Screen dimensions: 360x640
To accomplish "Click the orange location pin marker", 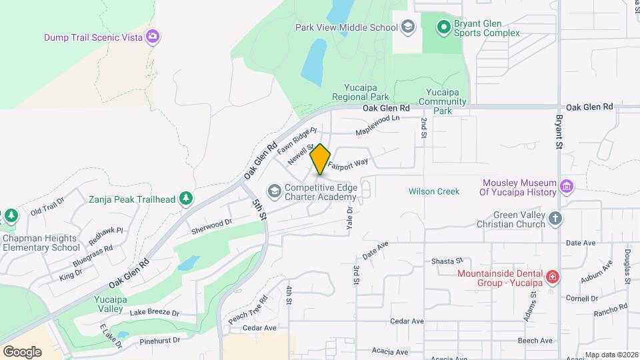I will tap(320, 159).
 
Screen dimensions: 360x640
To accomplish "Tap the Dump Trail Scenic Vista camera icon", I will tap(153, 36).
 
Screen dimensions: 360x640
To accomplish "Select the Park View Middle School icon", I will tap(407, 27).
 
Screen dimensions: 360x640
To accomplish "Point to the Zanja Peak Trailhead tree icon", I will tap(186, 199).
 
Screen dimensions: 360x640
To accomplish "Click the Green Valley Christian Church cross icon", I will tap(555, 218).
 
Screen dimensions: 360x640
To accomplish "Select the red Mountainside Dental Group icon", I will tap(552, 277).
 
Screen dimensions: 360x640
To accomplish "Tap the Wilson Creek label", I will tap(434, 192).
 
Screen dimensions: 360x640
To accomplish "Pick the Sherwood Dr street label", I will tap(211, 226).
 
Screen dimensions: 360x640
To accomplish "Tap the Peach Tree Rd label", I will tap(248, 310).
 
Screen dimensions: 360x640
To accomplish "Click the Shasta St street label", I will tap(447, 261).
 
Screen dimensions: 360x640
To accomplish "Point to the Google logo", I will tap(22, 351).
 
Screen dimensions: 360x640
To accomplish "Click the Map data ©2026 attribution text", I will tap(611, 355).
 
